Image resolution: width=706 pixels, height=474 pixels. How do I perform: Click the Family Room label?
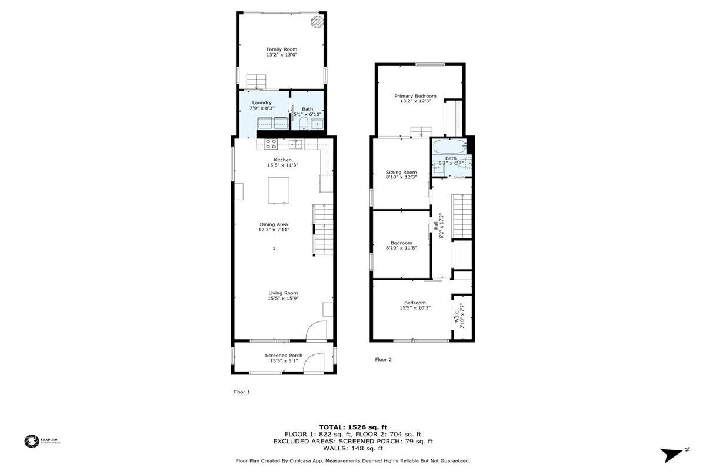tap(281, 49)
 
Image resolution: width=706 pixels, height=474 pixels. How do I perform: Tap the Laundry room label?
tap(262, 102)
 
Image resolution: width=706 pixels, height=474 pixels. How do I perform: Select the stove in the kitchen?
tap(271, 143)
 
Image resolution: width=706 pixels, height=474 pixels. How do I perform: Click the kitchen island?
tap(279, 190)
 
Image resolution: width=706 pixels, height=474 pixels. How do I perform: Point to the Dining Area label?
tap(274, 224)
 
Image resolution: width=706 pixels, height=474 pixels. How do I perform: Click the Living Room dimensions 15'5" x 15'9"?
tap(283, 299)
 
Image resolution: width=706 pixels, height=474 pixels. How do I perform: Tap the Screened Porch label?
tap(284, 355)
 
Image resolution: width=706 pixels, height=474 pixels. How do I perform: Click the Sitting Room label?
tap(401, 172)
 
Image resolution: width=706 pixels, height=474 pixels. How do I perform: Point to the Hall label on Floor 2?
tap(436, 226)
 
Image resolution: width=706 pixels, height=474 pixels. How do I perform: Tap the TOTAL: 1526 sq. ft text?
tap(353, 426)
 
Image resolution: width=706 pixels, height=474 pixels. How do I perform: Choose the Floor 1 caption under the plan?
tap(242, 392)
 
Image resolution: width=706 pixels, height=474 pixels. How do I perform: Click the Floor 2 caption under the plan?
tap(384, 359)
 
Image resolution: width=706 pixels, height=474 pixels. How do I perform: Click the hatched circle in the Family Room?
tap(317, 21)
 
